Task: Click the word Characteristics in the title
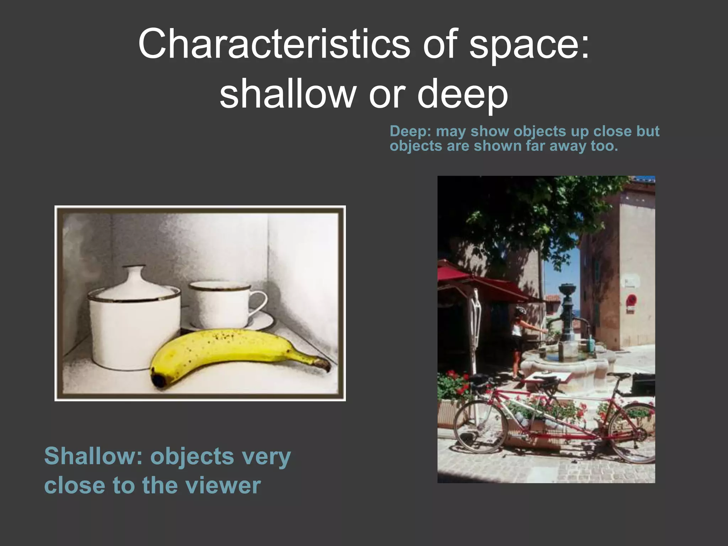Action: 274,44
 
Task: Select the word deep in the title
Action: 462,94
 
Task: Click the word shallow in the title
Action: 288,94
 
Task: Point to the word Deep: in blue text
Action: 410,131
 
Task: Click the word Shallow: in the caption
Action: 93,456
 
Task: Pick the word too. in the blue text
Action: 604,146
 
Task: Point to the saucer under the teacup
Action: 231,323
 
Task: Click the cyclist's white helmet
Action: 521,310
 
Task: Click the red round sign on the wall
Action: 631,300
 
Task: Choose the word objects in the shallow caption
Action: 192,456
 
